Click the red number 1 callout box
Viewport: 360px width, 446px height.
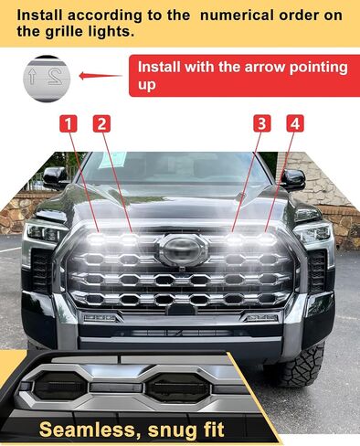(69, 123)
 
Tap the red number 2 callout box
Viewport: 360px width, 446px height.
(101, 123)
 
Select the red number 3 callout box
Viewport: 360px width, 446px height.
(262, 123)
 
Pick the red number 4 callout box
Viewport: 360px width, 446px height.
(295, 123)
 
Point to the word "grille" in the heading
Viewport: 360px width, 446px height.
(59, 32)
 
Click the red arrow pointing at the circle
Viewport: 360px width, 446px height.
(101, 76)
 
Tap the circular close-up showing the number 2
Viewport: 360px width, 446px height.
(47, 79)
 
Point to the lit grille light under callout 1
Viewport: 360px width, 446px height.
(97, 239)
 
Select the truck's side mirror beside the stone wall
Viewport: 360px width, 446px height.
(292, 179)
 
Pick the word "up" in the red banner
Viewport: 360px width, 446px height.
(146, 86)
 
